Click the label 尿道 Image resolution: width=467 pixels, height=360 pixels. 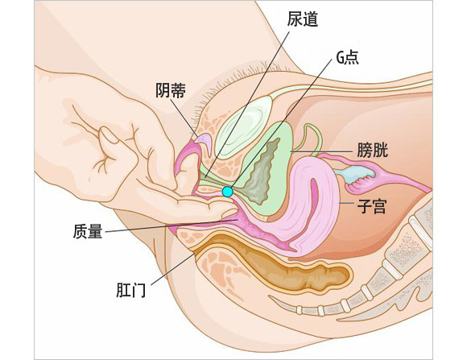click(303, 19)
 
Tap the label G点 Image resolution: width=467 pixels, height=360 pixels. click(347, 57)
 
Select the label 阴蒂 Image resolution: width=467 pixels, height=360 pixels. click(171, 90)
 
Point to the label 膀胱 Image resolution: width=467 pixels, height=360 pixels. click(372, 150)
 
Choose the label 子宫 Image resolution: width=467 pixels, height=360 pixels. click(372, 206)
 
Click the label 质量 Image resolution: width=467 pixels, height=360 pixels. click(88, 231)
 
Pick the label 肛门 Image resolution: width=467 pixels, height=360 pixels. click(131, 290)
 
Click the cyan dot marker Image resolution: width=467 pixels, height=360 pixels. click(228, 192)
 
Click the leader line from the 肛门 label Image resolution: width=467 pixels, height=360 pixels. click(173, 268)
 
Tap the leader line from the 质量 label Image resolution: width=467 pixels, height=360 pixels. click(172, 226)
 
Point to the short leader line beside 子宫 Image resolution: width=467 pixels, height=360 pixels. click(347, 203)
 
